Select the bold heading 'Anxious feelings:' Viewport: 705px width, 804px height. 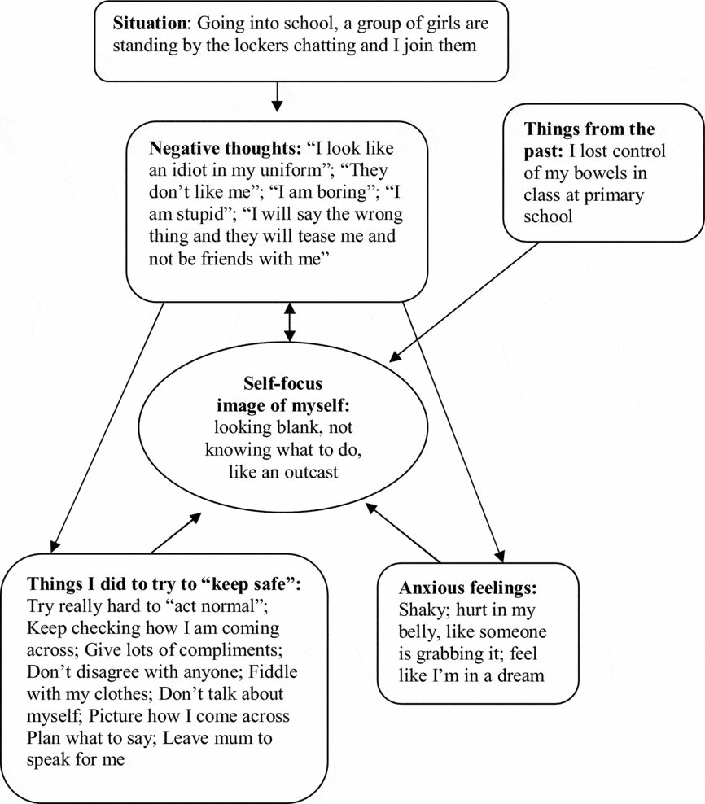point(468,588)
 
